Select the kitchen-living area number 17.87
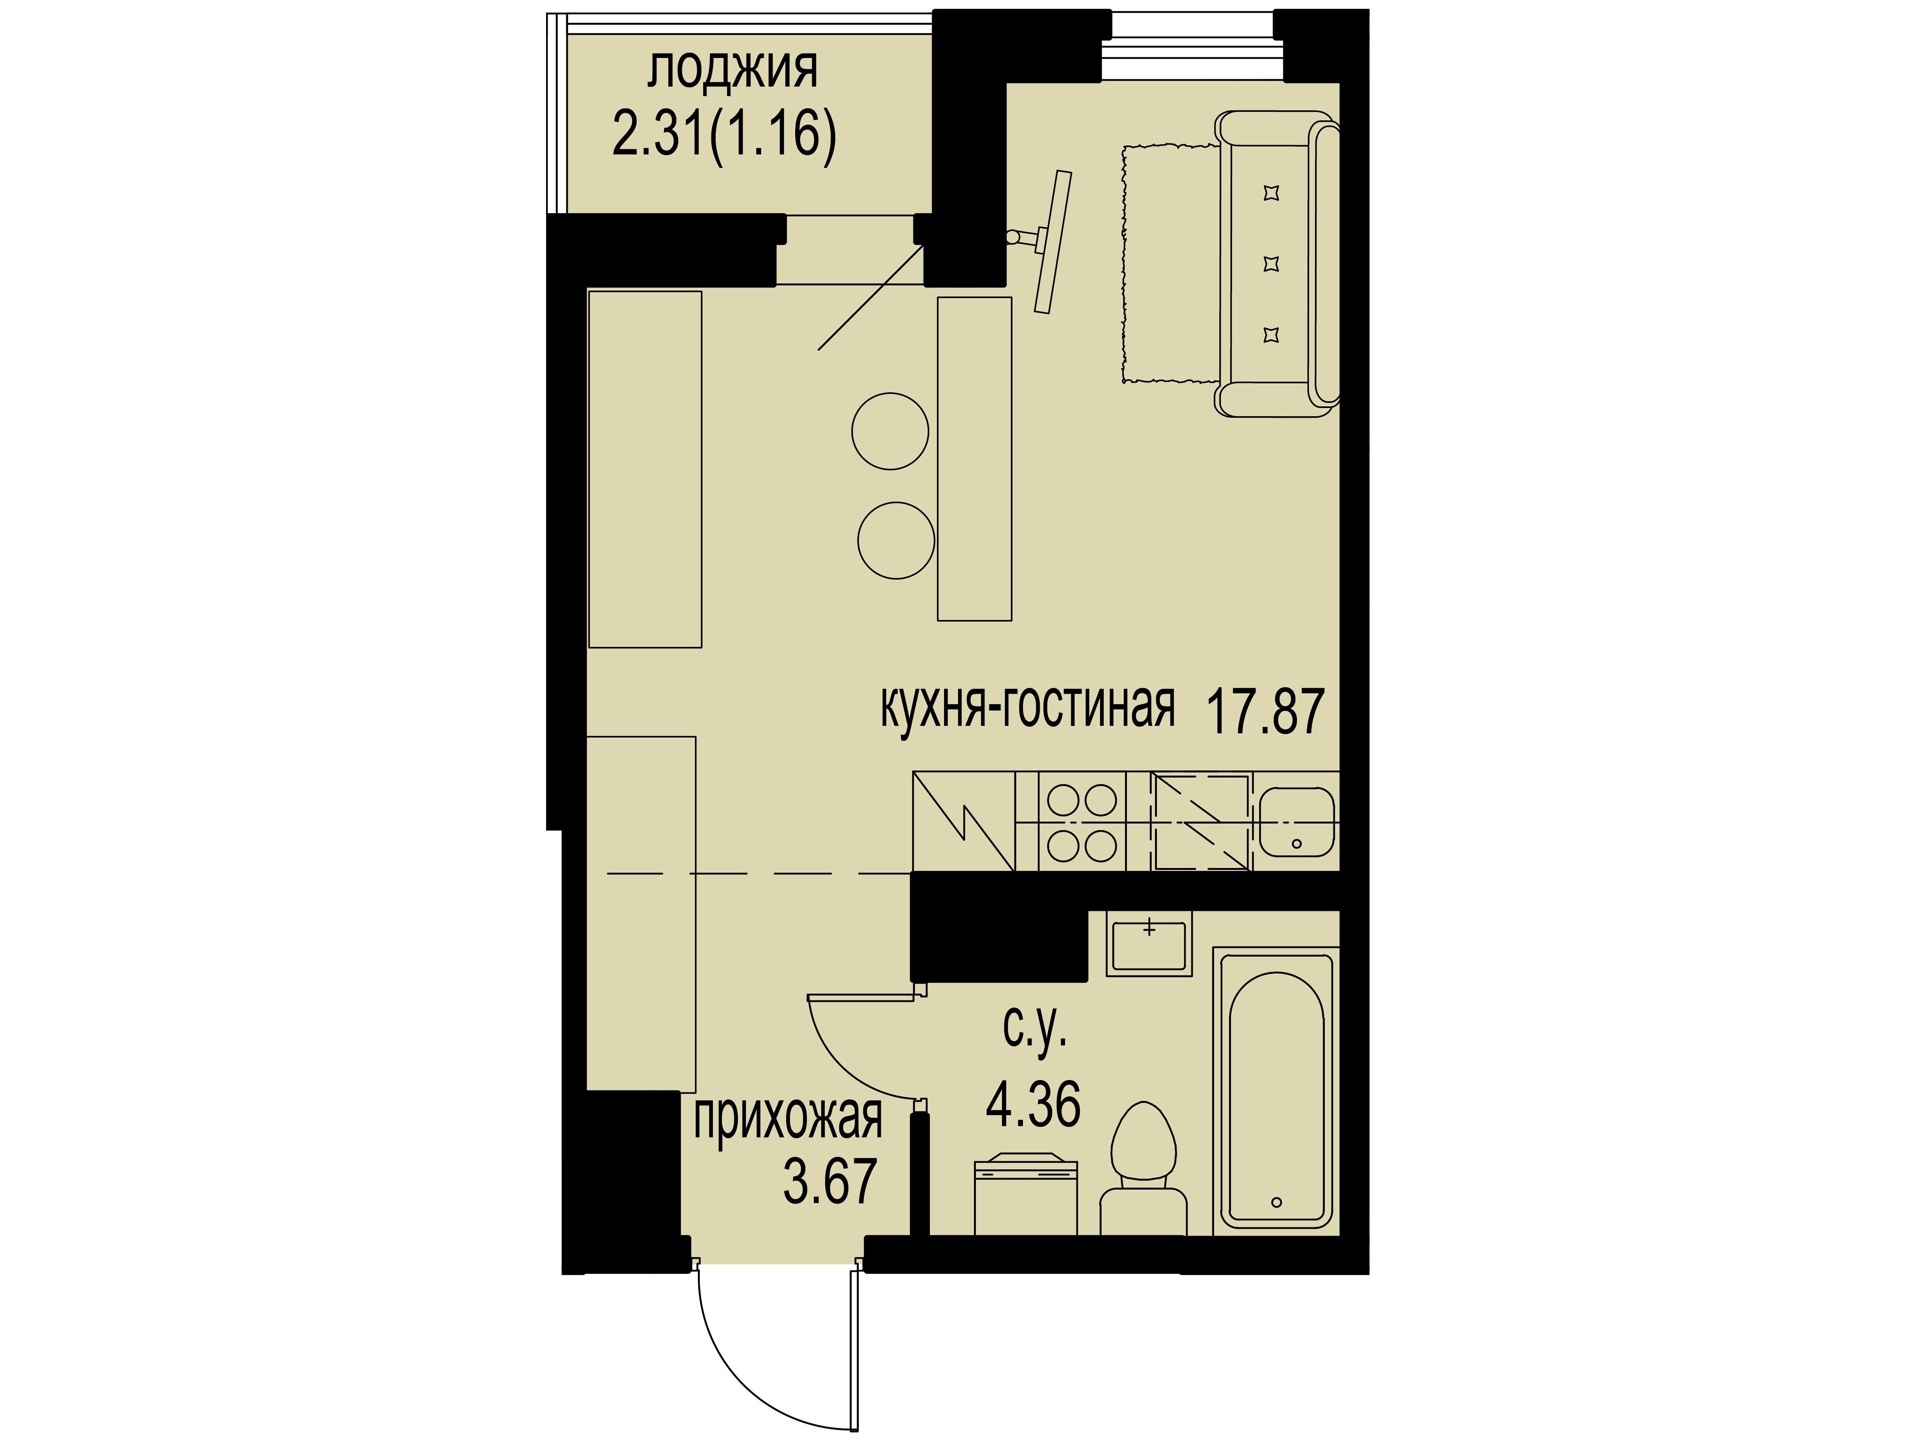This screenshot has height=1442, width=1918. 1265,711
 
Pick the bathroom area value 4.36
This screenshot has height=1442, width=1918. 1033,1104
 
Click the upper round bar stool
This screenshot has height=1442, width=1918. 890,431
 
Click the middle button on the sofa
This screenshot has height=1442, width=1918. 1272,264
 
